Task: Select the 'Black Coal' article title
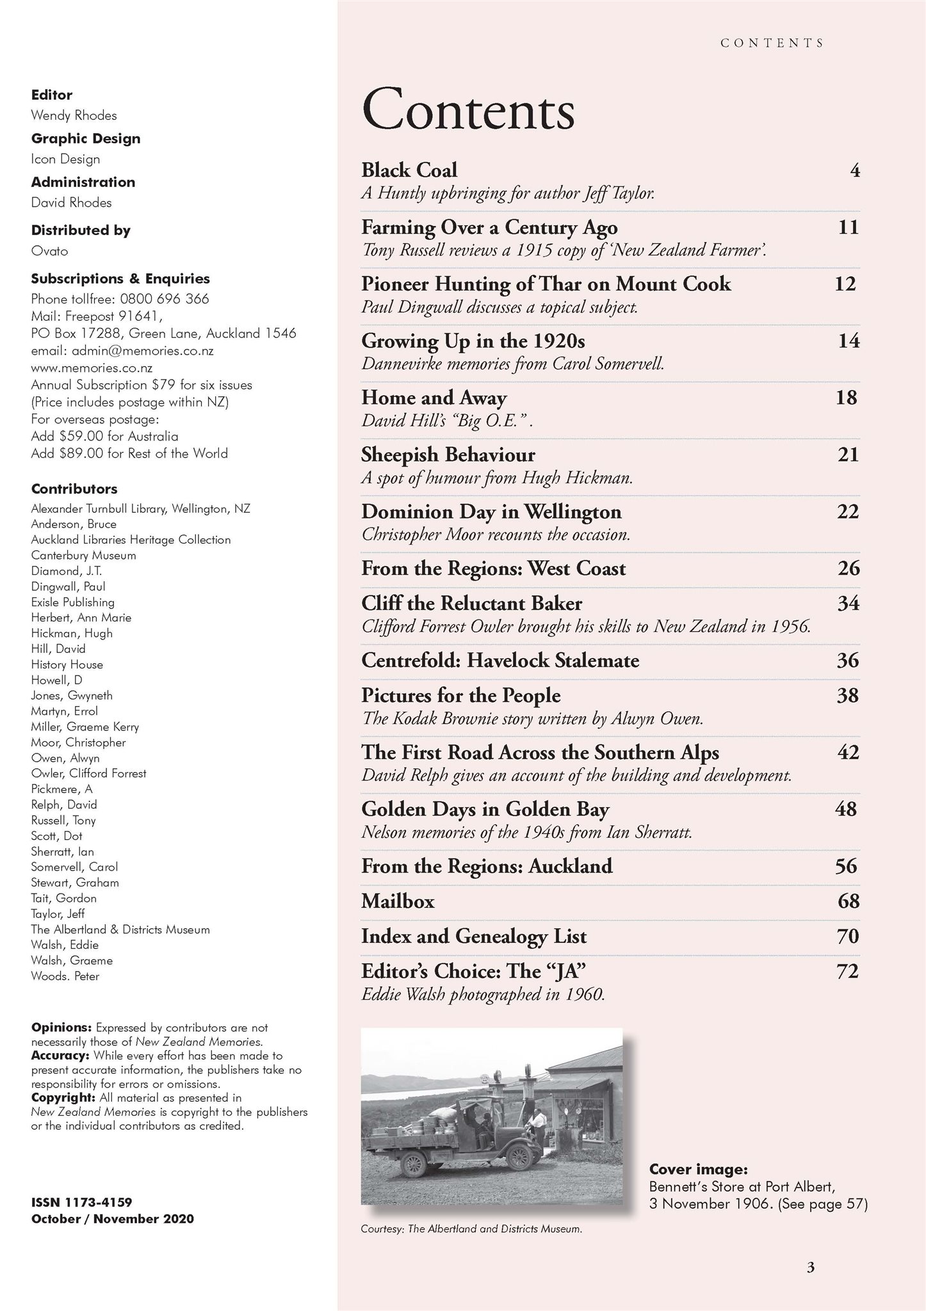point(409,170)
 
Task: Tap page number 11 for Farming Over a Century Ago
point(848,227)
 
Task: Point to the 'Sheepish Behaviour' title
point(448,454)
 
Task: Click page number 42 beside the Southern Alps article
point(848,752)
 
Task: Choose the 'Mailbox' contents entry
point(398,901)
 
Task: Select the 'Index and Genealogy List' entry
point(474,937)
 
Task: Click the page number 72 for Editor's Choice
point(847,971)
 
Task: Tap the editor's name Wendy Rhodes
point(74,115)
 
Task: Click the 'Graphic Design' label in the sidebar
point(86,138)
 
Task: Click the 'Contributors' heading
point(74,489)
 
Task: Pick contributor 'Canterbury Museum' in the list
point(83,555)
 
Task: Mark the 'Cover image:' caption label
point(698,1169)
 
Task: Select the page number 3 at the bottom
point(810,1267)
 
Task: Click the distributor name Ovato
point(49,250)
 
